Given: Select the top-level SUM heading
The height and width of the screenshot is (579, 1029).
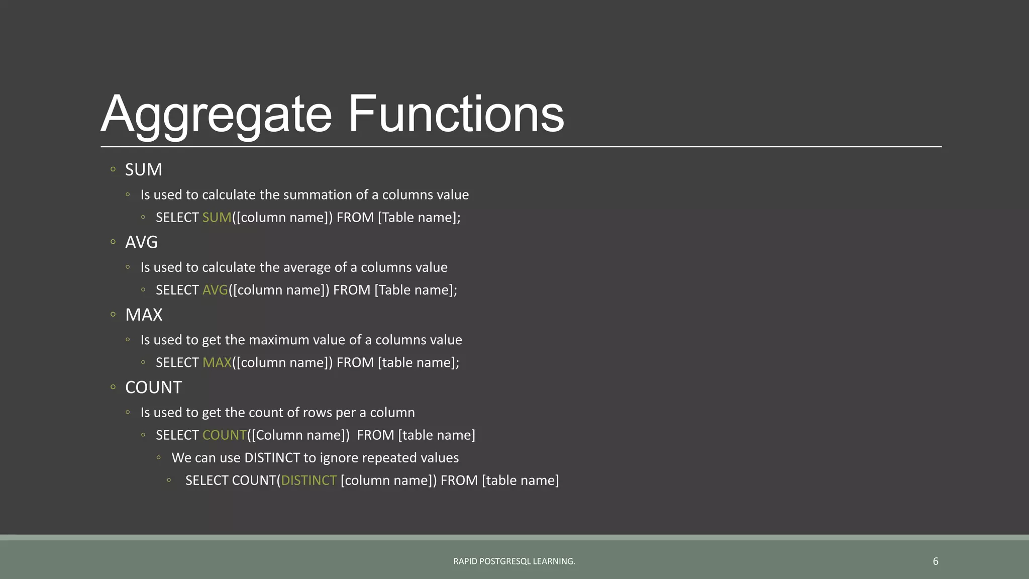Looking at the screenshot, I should [143, 170].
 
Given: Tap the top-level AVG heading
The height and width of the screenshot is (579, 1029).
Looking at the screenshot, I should [141, 242].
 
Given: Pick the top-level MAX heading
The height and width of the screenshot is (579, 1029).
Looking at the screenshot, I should [144, 315].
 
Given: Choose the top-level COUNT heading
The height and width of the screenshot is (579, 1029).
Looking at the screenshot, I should [153, 388].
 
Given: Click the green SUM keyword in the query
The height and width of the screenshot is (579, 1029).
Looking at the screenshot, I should [217, 218].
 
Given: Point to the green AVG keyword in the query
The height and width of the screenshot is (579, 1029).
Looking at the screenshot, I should [215, 290].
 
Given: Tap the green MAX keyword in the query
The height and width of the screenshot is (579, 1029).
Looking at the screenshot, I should [217, 363].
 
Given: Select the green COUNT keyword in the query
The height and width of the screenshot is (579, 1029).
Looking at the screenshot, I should [224, 435].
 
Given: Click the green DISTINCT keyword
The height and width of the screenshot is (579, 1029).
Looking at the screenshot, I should [308, 480].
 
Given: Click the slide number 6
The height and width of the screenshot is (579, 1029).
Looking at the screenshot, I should [935, 561].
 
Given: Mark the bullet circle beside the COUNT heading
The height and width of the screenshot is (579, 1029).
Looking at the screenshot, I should [113, 387].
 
